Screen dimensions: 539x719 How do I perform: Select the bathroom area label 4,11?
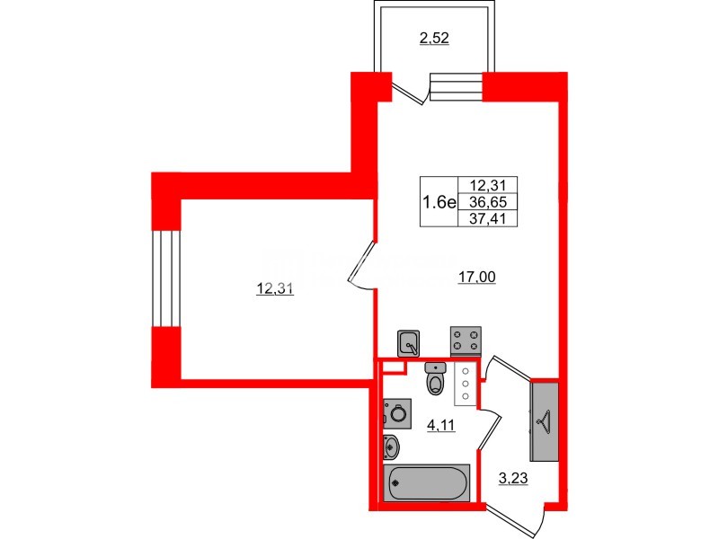440,427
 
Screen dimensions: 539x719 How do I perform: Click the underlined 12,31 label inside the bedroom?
276,289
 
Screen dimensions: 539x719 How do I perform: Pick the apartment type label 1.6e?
440,201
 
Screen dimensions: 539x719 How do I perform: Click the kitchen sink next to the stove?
409,342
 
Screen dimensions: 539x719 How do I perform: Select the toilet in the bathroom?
436,380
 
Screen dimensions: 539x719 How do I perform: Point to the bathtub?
427,482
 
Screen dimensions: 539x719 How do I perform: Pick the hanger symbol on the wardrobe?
545,420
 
